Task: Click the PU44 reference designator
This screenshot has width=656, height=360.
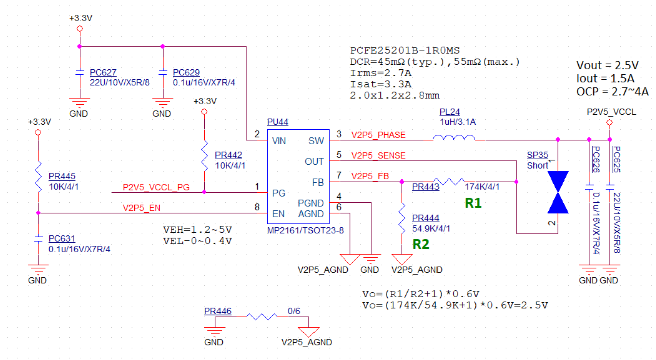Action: [x=277, y=122]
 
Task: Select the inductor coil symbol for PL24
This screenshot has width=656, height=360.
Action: [x=454, y=138]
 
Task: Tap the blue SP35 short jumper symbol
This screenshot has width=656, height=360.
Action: [x=558, y=192]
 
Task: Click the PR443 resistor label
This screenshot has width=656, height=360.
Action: [x=425, y=187]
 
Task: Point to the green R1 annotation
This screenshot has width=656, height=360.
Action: [x=473, y=203]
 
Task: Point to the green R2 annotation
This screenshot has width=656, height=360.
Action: [x=421, y=244]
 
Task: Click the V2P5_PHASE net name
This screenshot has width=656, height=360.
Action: [x=378, y=135]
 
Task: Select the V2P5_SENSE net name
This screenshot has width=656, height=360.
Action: [x=378, y=156]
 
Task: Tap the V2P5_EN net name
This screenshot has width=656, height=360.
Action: [x=141, y=208]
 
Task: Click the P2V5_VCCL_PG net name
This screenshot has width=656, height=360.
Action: [x=156, y=187]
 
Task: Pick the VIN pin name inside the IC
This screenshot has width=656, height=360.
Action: [x=279, y=141]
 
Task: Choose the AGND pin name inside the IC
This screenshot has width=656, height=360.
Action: [x=311, y=214]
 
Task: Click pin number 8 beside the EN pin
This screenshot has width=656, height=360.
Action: [x=257, y=207]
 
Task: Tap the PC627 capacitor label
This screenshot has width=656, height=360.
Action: [x=103, y=72]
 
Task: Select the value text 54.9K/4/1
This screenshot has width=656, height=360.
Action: [x=431, y=229]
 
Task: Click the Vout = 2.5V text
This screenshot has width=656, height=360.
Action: [x=607, y=65]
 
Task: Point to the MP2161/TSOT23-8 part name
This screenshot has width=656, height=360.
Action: [x=305, y=231]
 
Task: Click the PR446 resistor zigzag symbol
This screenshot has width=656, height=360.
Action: [x=262, y=317]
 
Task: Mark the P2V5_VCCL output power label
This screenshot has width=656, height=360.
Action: [x=611, y=112]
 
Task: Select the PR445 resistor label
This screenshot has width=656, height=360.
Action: [x=62, y=176]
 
